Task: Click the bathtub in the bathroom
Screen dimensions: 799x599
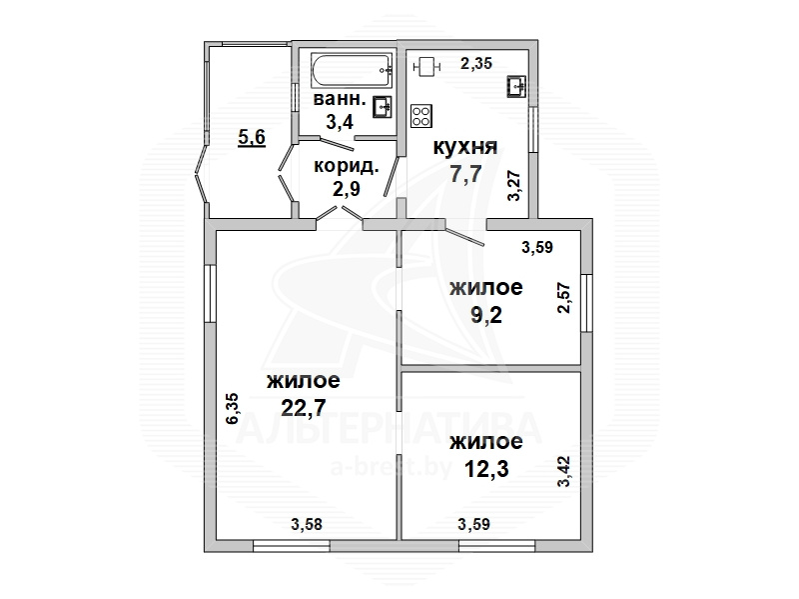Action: click(353, 71)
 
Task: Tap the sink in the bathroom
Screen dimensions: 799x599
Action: click(383, 107)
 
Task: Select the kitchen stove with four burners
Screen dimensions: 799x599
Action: click(421, 116)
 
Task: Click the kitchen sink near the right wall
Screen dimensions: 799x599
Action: click(516, 86)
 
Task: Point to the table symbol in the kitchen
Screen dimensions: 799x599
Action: click(426, 66)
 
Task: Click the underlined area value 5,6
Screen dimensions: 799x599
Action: click(252, 137)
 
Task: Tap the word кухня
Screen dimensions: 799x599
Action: click(465, 147)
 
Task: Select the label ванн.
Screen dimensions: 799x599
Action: click(340, 98)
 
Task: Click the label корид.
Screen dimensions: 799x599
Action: click(346, 167)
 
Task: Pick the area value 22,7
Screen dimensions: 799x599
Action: click(304, 407)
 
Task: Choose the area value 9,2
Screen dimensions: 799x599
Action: click(486, 315)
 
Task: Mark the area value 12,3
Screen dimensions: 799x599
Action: click(487, 468)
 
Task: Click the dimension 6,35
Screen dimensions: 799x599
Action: click(233, 408)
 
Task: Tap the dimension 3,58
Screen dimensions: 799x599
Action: click(307, 524)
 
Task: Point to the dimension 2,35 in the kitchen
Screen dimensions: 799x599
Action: click(476, 64)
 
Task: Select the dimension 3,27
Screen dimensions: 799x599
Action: click(514, 185)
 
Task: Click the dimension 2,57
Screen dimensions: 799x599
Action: click(565, 298)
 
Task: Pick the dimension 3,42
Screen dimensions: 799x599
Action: click(565, 471)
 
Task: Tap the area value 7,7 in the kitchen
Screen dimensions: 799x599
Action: click(465, 174)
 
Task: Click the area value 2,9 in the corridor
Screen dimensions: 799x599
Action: click(346, 189)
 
